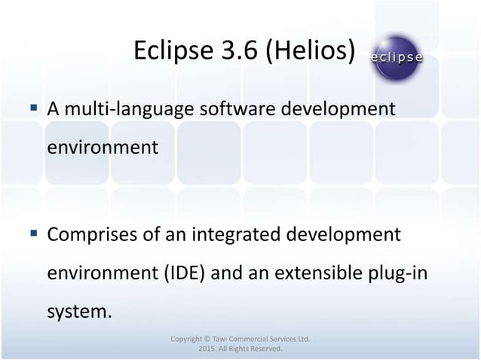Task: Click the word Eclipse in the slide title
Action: pos(167,51)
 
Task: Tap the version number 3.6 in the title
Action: pos(229,51)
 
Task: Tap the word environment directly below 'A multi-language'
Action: pos(103,146)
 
